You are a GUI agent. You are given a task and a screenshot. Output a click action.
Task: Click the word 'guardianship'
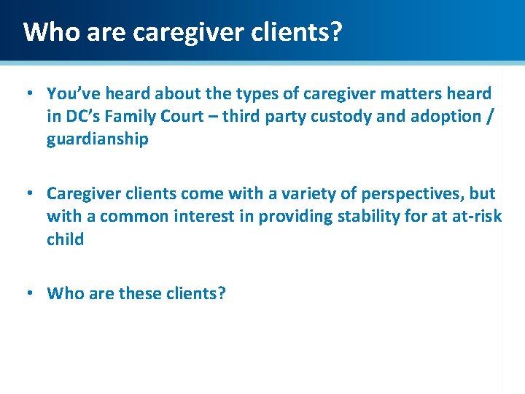click(97, 139)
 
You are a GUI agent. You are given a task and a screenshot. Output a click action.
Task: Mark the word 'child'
click(65, 239)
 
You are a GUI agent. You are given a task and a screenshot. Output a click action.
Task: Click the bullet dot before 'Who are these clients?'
click(28, 294)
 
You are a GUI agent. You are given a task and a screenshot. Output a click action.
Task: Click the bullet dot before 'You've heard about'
click(28, 93)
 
